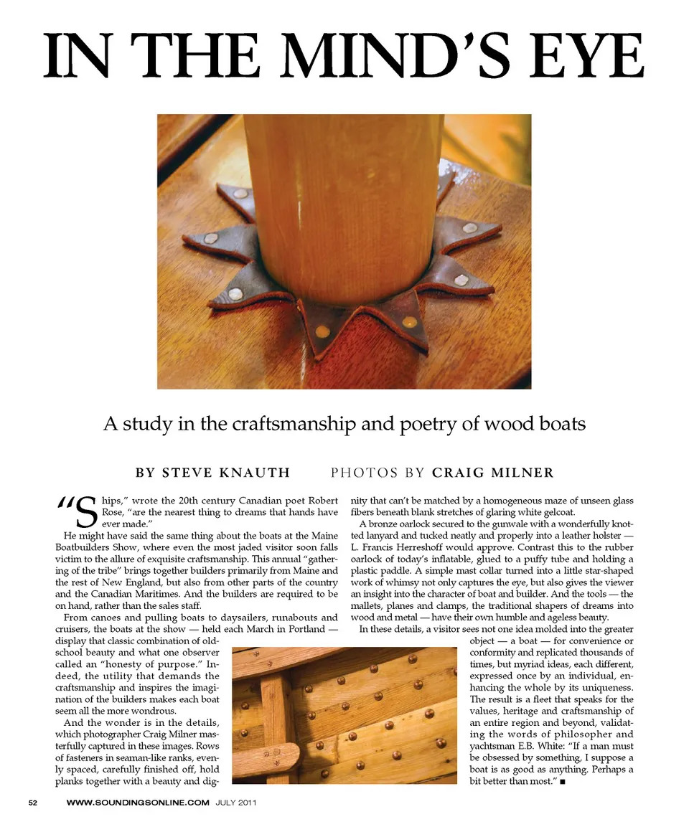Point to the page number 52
click(x=33, y=803)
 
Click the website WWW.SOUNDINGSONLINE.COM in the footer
click(x=138, y=803)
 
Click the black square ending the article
click(x=566, y=780)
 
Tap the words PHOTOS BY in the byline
click(x=378, y=473)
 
